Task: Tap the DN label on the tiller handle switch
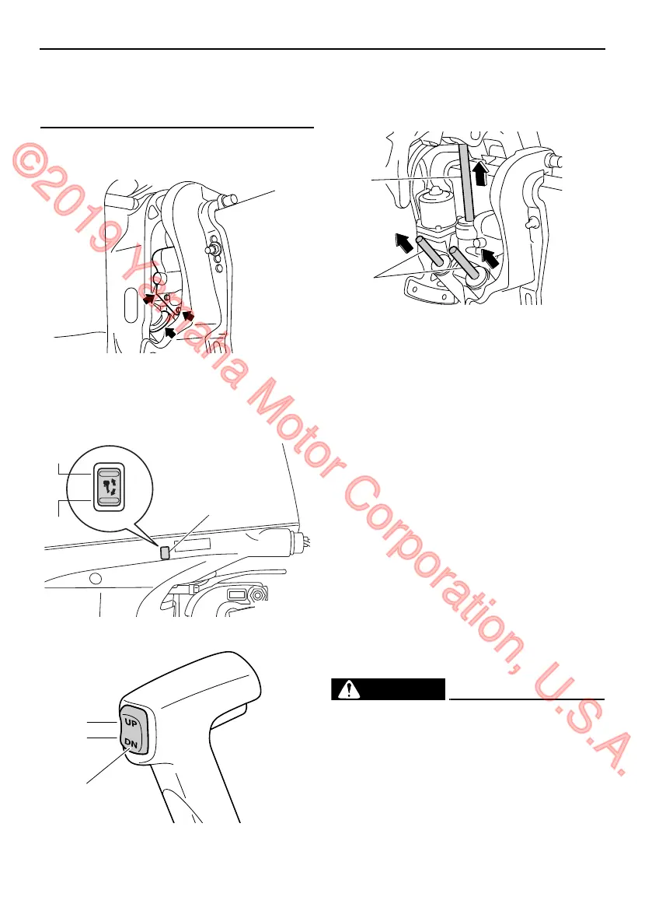pyautogui.click(x=130, y=742)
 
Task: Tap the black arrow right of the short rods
pyautogui.click(x=491, y=256)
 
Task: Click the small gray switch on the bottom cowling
pyautogui.click(x=165, y=552)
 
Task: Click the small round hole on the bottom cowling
pyautogui.click(x=94, y=579)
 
